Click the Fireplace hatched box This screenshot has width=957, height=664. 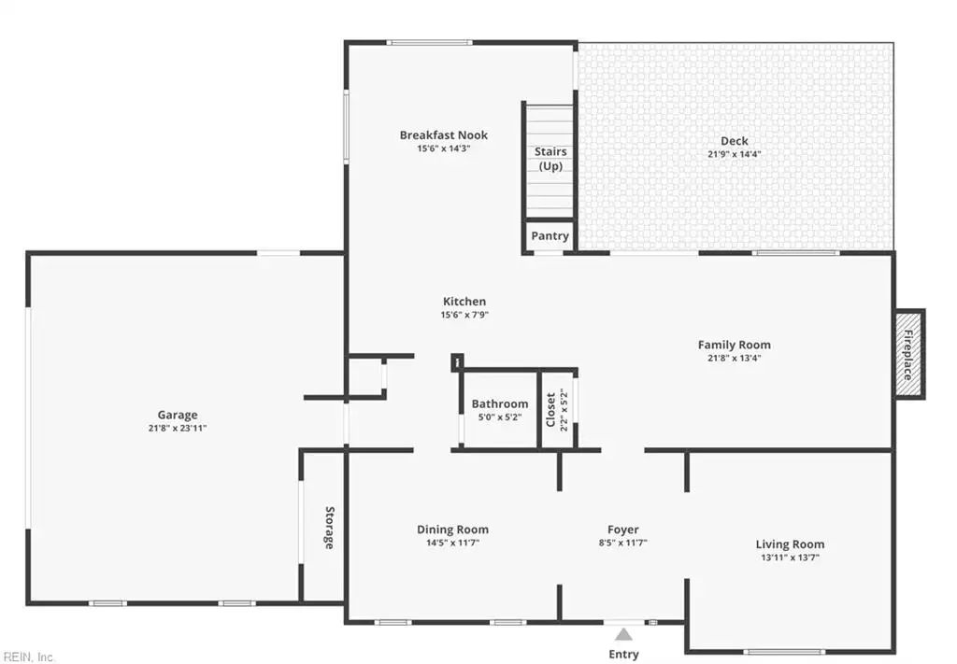pyautogui.click(x=908, y=354)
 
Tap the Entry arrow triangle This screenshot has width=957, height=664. pyautogui.click(x=623, y=635)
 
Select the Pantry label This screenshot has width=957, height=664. pyautogui.click(x=550, y=236)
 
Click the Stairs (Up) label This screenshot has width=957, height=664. pyautogui.click(x=550, y=159)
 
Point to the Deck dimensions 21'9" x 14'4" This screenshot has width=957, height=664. pyautogui.click(x=735, y=154)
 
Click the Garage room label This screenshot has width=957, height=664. pyautogui.click(x=178, y=415)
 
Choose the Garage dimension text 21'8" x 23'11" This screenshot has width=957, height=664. pyautogui.click(x=178, y=428)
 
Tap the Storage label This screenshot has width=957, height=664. pyautogui.click(x=330, y=528)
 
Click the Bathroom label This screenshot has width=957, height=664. pyautogui.click(x=500, y=403)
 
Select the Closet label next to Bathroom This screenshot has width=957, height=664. pyautogui.click(x=551, y=410)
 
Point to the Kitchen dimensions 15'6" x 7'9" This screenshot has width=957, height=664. pyautogui.click(x=465, y=315)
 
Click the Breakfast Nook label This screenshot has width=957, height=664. pyautogui.click(x=444, y=134)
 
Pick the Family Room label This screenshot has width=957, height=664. pyautogui.click(x=735, y=345)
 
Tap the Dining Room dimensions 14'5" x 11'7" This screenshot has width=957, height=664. pyautogui.click(x=453, y=543)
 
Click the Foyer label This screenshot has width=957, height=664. pyautogui.click(x=623, y=530)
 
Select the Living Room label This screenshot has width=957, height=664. pyautogui.click(x=790, y=544)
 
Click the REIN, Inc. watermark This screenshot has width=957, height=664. pyautogui.click(x=28, y=657)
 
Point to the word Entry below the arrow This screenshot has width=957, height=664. pyautogui.click(x=623, y=655)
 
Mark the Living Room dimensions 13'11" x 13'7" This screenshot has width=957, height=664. pyautogui.click(x=790, y=558)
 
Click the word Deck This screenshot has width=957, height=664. pyautogui.click(x=735, y=141)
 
